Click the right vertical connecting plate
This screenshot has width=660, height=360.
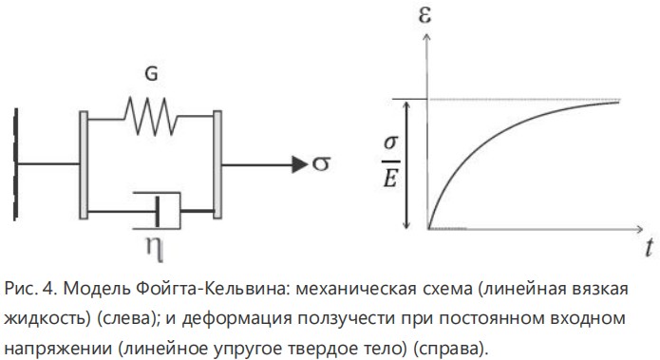[218, 163]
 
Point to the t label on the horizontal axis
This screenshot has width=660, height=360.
[647, 250]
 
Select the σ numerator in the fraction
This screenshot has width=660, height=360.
[388, 143]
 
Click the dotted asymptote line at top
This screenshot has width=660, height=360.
[532, 100]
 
